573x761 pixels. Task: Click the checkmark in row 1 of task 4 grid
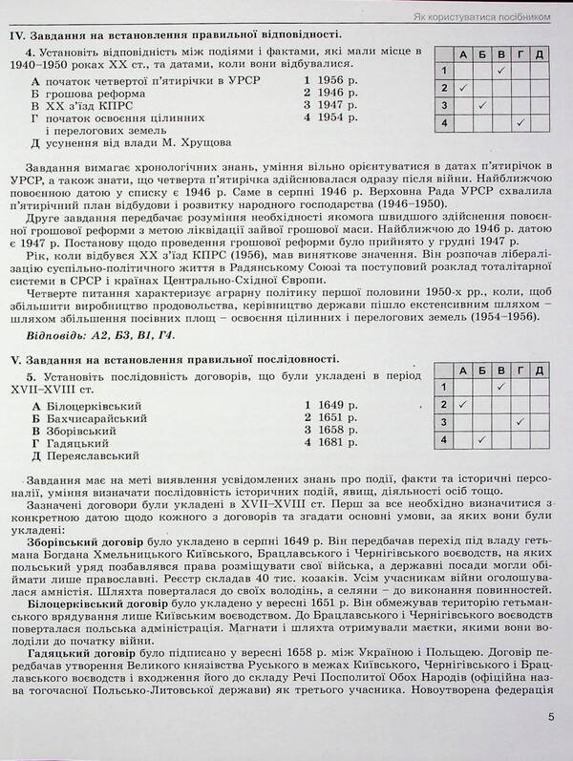click(500, 70)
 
